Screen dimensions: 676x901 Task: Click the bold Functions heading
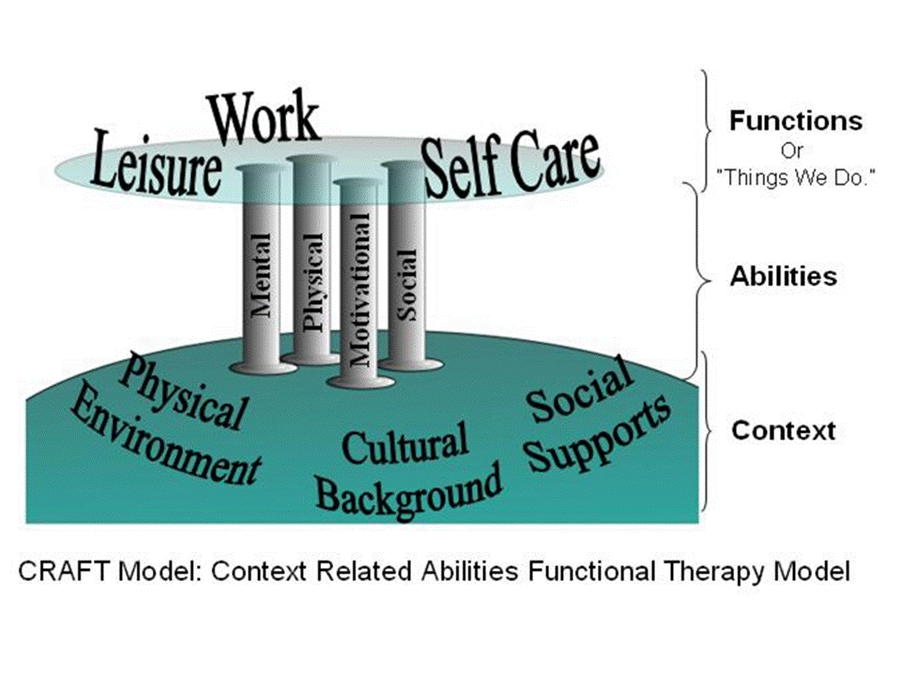tap(795, 121)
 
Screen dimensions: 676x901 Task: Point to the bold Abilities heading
tap(783, 277)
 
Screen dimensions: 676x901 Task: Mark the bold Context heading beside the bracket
tap(783, 431)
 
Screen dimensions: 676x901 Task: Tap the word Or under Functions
tap(794, 149)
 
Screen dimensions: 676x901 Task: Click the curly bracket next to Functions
tap(710, 128)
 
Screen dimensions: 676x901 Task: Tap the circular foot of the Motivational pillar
tap(359, 379)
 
